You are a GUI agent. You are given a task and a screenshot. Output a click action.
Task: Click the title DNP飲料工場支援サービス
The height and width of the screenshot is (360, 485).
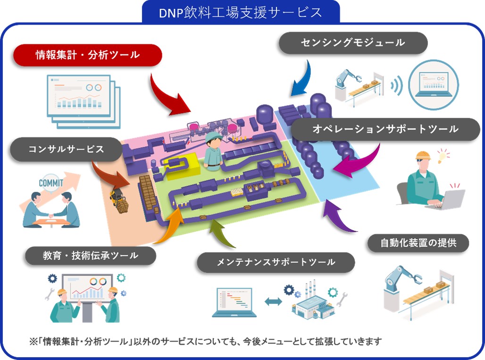click(241, 11)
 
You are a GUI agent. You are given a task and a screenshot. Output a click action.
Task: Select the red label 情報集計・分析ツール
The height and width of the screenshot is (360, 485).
click(88, 55)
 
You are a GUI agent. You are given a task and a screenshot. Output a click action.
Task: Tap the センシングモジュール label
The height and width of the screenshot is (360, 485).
click(353, 43)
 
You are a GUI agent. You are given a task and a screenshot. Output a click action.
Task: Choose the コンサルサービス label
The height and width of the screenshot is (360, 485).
click(66, 149)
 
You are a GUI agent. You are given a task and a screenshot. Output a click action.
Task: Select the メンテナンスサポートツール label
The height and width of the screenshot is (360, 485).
click(276, 262)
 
